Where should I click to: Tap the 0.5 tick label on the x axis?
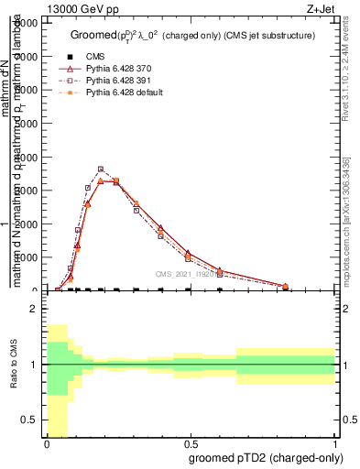point(191,443)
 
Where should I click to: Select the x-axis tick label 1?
point(335,443)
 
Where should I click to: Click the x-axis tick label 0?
point(47,443)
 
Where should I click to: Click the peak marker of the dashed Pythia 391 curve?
point(101,169)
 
